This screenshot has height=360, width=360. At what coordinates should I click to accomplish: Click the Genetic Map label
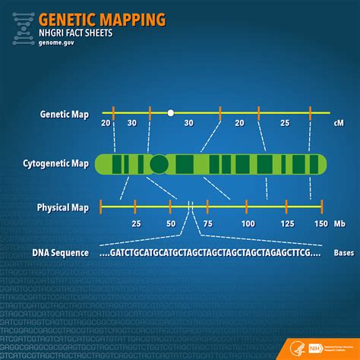click(64, 115)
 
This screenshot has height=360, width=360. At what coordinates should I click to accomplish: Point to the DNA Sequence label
click(59, 253)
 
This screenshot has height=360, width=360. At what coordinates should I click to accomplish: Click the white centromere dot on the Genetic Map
click(171, 112)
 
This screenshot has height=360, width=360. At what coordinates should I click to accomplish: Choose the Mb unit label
click(338, 224)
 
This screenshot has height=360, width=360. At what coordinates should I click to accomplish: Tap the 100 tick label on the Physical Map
click(248, 224)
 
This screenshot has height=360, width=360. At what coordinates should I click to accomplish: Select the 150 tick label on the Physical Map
click(321, 224)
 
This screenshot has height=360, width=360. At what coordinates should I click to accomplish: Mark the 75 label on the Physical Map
click(208, 224)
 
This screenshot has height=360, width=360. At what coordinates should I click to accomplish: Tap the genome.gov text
click(58, 43)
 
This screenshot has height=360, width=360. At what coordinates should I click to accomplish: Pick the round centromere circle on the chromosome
click(159, 163)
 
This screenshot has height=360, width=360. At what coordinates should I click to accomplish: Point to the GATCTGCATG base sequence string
click(205, 253)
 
